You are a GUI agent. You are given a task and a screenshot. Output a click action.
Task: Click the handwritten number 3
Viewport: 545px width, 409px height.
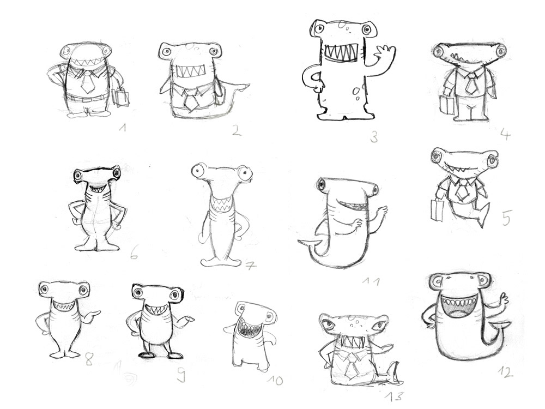374,137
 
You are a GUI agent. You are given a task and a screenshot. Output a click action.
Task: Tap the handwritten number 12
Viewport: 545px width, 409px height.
505,372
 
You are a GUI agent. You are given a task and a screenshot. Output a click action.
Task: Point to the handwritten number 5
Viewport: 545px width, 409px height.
506,218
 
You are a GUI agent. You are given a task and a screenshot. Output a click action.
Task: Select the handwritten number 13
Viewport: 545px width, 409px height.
394,396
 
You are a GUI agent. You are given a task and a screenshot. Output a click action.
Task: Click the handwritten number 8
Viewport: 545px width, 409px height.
89,359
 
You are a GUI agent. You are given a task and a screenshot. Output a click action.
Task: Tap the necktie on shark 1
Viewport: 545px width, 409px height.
86,81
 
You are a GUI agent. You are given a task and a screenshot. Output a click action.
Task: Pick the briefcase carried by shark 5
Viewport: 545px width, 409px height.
438,210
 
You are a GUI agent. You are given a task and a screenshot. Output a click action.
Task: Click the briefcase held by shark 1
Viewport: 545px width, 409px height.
120,98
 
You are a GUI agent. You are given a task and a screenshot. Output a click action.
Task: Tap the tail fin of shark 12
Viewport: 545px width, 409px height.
497,330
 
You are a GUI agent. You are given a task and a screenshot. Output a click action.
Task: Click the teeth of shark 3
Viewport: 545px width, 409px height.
341,53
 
